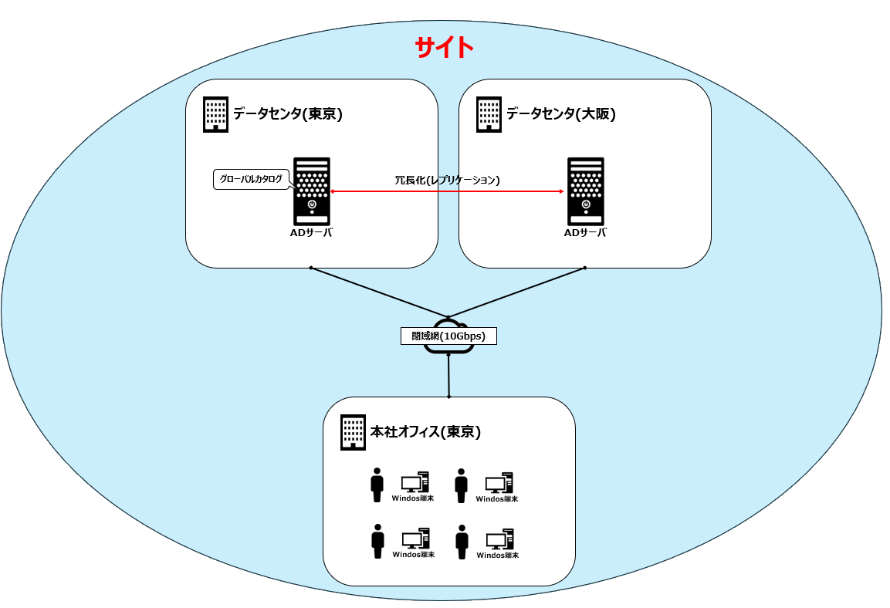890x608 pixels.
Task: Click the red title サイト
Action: tap(444, 48)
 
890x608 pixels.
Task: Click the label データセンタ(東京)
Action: tap(287, 114)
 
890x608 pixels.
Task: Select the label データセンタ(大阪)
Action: tap(560, 114)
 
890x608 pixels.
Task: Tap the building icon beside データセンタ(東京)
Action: tap(215, 114)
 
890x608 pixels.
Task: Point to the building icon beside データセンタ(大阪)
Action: tap(489, 114)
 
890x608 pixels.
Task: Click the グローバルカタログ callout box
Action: tap(251, 179)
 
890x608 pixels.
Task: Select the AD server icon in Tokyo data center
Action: tap(312, 191)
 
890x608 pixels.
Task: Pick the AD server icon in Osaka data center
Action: tap(585, 191)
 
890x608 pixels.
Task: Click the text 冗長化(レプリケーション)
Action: tap(447, 180)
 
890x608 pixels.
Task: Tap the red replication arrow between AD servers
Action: tap(448, 191)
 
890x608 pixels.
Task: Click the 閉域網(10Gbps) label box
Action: tap(448, 336)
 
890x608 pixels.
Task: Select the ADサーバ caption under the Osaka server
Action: tap(585, 233)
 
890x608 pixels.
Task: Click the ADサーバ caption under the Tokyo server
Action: tap(312, 233)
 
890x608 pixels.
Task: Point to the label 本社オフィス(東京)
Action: tap(425, 432)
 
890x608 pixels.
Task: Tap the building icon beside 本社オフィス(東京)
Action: tap(353, 432)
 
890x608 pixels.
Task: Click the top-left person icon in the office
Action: tap(377, 485)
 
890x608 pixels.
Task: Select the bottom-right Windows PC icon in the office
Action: tap(499, 539)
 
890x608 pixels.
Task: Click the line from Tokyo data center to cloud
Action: tap(378, 292)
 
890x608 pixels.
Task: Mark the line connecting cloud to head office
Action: tap(448, 376)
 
